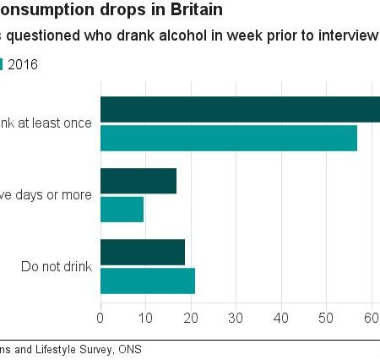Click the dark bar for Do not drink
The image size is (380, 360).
click(x=142, y=253)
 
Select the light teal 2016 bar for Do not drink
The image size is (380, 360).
click(x=147, y=281)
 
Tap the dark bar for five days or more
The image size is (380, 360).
click(x=138, y=181)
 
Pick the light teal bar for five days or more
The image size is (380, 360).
click(x=122, y=209)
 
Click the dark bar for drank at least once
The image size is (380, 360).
click(x=240, y=110)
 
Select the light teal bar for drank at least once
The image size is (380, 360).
click(x=228, y=138)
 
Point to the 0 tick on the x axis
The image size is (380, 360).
click(x=100, y=318)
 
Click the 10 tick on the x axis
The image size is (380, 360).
click(x=145, y=318)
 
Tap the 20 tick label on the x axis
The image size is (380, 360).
click(x=191, y=318)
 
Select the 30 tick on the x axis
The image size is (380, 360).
click(x=236, y=318)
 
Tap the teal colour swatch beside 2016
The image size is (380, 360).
click(x=3, y=64)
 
